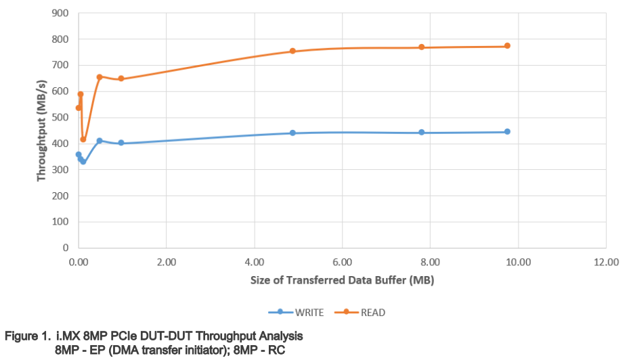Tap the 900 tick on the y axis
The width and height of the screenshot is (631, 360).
click(61, 13)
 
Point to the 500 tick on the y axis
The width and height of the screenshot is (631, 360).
click(61, 118)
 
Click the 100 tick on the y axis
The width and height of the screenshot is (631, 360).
click(61, 222)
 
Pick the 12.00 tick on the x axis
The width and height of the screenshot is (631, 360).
click(605, 261)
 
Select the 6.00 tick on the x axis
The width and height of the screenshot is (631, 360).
click(342, 261)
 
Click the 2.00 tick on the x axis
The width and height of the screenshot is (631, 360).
click(166, 261)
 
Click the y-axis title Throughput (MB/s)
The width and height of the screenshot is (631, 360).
click(41, 130)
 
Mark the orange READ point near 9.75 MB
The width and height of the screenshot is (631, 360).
click(507, 46)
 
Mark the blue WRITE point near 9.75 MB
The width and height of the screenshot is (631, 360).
click(507, 132)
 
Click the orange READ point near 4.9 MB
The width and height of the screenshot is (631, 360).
click(292, 51)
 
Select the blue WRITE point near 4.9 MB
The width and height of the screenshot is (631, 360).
click(292, 133)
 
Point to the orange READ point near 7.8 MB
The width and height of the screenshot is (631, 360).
click(421, 47)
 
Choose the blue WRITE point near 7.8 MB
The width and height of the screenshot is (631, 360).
click(421, 133)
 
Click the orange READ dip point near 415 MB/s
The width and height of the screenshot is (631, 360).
click(83, 139)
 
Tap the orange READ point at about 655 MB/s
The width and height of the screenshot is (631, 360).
click(100, 77)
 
